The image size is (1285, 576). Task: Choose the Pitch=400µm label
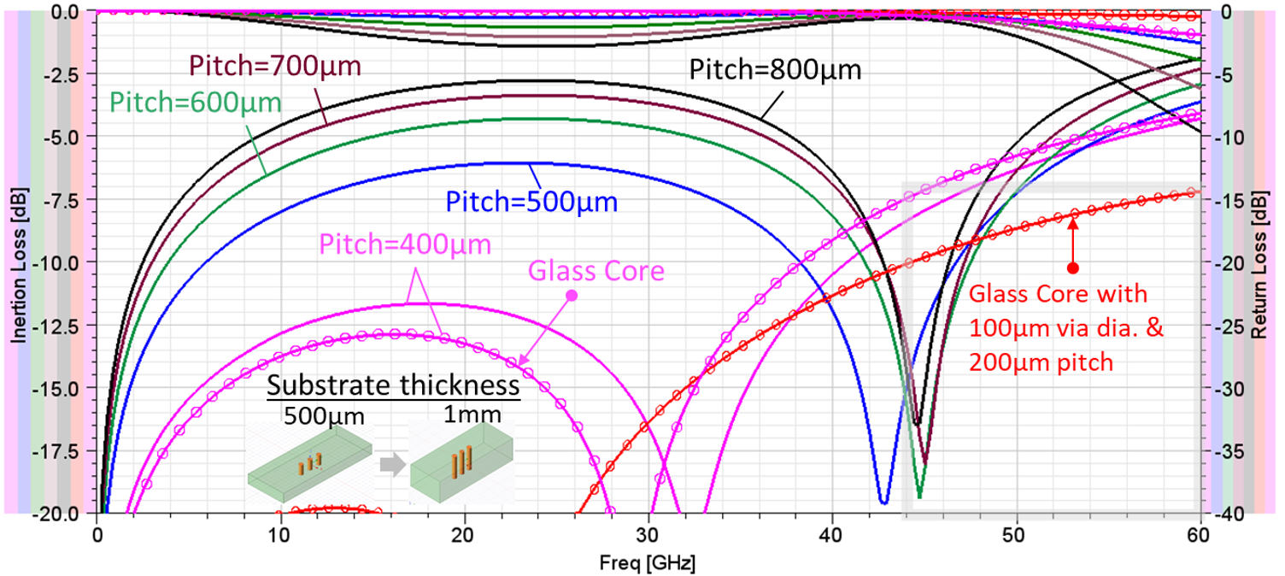pyautogui.click(x=405, y=244)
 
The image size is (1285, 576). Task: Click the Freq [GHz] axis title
pyautogui.click(x=648, y=565)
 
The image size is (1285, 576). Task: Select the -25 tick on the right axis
pyautogui.click(x=1225, y=326)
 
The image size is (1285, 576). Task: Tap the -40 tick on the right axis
pyautogui.click(x=1225, y=514)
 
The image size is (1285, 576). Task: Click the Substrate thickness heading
pyautogui.click(x=394, y=384)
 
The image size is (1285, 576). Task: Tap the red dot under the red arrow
pyautogui.click(x=1074, y=267)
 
